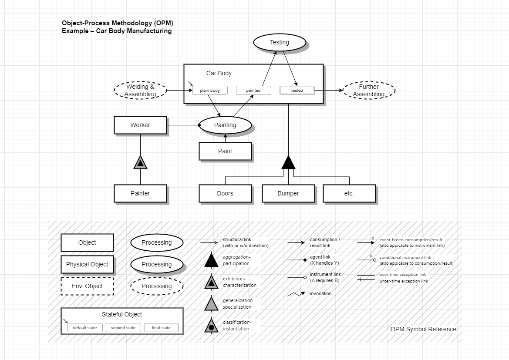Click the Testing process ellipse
pos(279,42)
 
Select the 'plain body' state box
pos(210,91)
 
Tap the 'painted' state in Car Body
pos(253,91)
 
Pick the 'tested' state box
pos(297,91)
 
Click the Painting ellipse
pos(225,125)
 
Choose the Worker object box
pos(140,125)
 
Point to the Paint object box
pos(225,151)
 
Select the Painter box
pos(140,193)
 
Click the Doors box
pos(225,193)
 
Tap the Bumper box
pos(288,193)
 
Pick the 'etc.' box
pos(349,193)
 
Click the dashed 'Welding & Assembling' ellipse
pos(140,90)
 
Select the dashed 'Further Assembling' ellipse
pos(369,90)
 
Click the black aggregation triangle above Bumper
pos(288,163)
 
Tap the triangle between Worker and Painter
pos(140,163)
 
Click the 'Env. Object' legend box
pos(87,286)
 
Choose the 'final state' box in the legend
pos(161,327)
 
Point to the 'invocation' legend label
pos(320,294)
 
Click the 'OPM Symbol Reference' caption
pos(423,329)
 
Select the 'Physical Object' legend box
pos(87,264)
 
